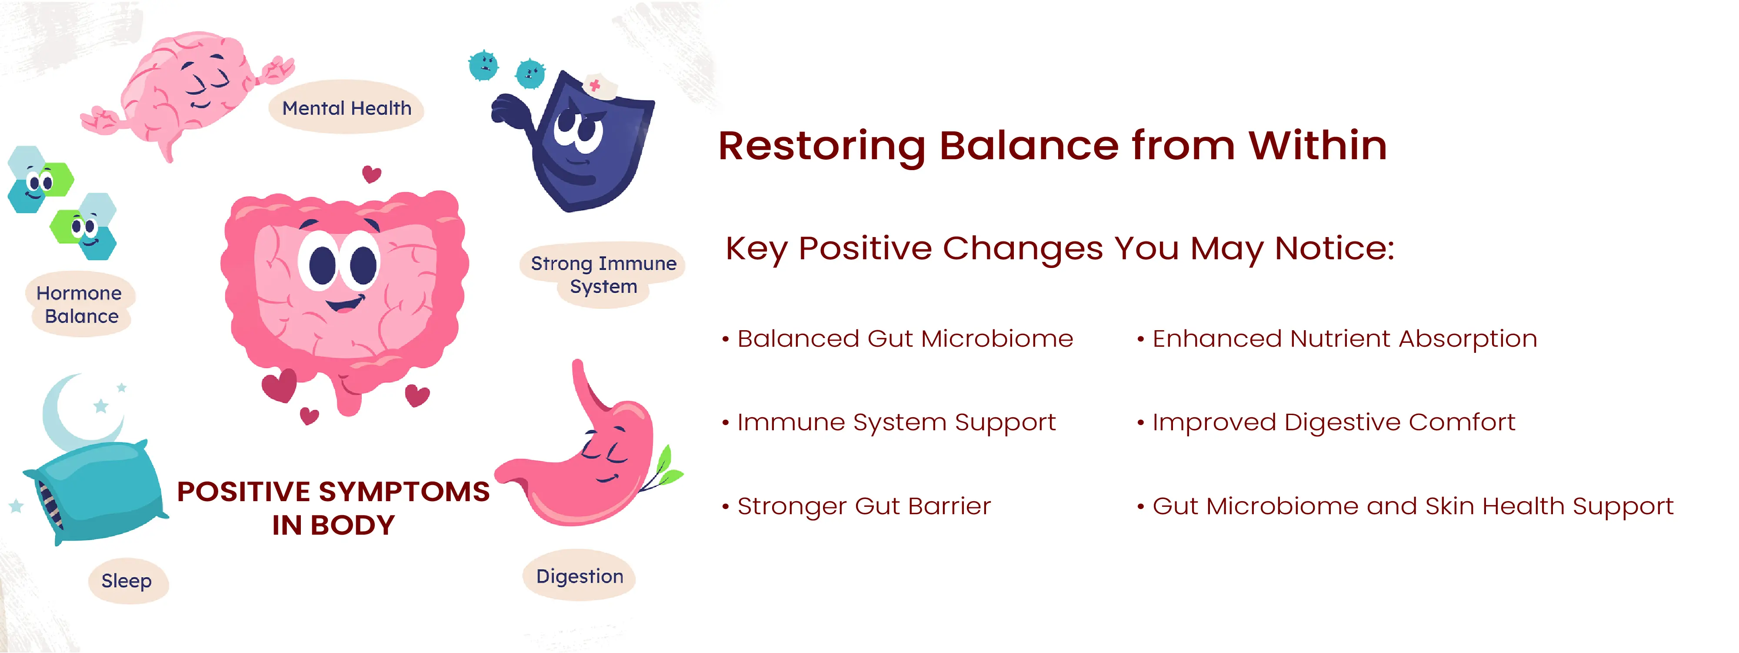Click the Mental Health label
[346, 108]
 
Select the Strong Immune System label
[603, 275]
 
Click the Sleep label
[127, 581]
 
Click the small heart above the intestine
[371, 174]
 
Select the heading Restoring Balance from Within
[1053, 145]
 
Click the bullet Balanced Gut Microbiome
[898, 338]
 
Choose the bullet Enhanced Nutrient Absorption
[1337, 339]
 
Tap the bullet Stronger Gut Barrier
[856, 506]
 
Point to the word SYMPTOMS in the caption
[404, 492]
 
